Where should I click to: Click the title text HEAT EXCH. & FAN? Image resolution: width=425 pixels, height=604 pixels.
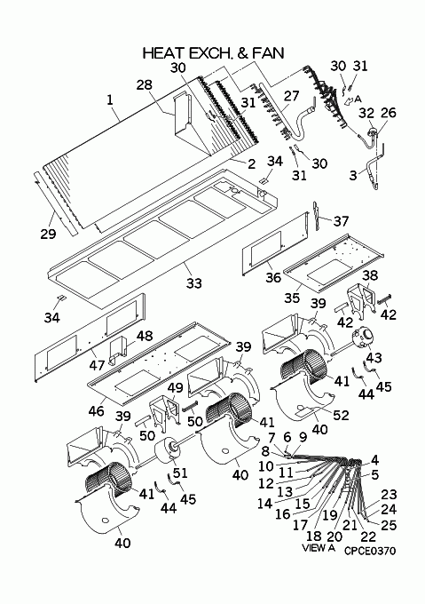(213, 53)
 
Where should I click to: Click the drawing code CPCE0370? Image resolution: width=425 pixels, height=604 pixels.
(370, 551)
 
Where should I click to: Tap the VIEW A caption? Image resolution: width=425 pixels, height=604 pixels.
(319, 548)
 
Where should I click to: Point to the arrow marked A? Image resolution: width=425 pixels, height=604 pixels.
(348, 101)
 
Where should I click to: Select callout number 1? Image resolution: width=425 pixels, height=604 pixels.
(110, 99)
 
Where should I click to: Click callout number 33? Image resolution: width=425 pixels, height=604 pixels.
(193, 283)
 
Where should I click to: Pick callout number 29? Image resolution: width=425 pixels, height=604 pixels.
(48, 234)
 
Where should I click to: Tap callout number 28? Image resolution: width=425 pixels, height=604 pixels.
(145, 84)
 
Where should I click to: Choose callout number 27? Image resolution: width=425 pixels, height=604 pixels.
(291, 96)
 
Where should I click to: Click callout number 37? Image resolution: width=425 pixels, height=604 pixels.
(342, 221)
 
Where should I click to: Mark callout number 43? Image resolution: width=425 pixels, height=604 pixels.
(374, 357)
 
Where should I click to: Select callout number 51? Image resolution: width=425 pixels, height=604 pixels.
(180, 473)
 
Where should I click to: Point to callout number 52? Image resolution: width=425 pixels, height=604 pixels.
(341, 415)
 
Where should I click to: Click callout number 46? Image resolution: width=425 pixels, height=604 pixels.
(96, 410)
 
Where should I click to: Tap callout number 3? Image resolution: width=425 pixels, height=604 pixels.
(353, 175)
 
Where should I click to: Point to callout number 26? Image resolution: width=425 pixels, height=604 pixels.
(388, 113)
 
